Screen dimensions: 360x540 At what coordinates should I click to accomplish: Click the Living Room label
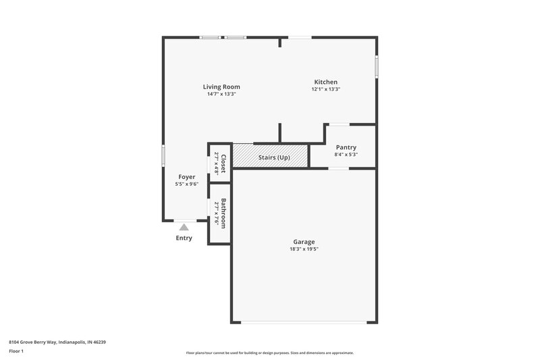click(221, 86)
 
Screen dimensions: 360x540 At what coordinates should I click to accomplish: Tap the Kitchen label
click(325, 82)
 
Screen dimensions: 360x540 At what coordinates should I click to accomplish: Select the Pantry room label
click(345, 147)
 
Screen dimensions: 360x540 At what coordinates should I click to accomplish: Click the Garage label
click(304, 241)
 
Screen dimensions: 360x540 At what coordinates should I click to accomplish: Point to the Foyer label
click(186, 177)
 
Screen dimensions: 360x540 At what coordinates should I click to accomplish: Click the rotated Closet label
click(223, 163)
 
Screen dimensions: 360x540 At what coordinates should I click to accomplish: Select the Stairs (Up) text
click(274, 157)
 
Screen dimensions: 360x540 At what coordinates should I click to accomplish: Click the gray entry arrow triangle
click(184, 227)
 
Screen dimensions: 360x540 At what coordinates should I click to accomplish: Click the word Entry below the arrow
click(184, 238)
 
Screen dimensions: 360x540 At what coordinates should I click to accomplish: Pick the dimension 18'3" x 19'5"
click(304, 249)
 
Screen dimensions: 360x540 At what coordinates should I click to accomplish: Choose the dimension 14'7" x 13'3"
click(221, 94)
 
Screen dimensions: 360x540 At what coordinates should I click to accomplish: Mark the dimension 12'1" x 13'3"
click(325, 89)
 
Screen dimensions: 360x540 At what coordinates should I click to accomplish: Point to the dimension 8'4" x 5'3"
click(345, 155)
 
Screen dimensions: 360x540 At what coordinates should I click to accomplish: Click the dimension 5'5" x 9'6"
click(186, 184)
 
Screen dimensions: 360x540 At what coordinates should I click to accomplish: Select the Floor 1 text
click(16, 351)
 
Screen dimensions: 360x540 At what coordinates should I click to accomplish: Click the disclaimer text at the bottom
click(269, 353)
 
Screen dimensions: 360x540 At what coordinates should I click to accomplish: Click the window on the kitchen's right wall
click(377, 67)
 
